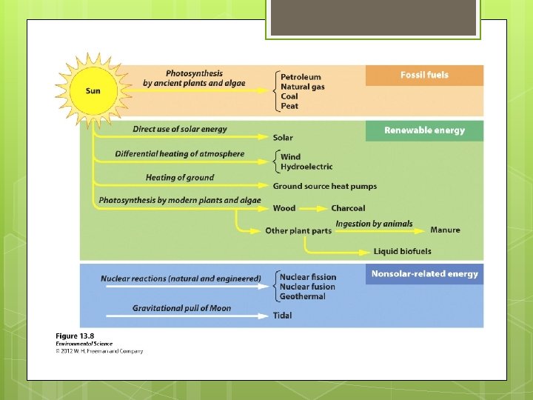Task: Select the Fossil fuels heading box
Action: click(424, 76)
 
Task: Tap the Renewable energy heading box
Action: click(424, 130)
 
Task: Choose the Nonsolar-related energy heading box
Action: click(424, 274)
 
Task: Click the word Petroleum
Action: click(301, 76)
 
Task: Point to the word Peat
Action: click(289, 106)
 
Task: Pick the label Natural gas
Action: click(303, 87)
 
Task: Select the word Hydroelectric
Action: click(306, 167)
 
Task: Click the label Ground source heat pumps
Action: click(324, 186)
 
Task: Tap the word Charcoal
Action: click(348, 208)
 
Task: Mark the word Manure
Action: click(445, 230)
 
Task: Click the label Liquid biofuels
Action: click(402, 252)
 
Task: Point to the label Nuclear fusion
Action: click(307, 287)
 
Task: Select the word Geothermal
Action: click(302, 296)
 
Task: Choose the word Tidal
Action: click(282, 316)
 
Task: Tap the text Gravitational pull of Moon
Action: click(181, 308)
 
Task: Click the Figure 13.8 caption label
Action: click(74, 336)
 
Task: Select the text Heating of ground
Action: click(179, 178)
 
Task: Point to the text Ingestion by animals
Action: click(374, 224)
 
